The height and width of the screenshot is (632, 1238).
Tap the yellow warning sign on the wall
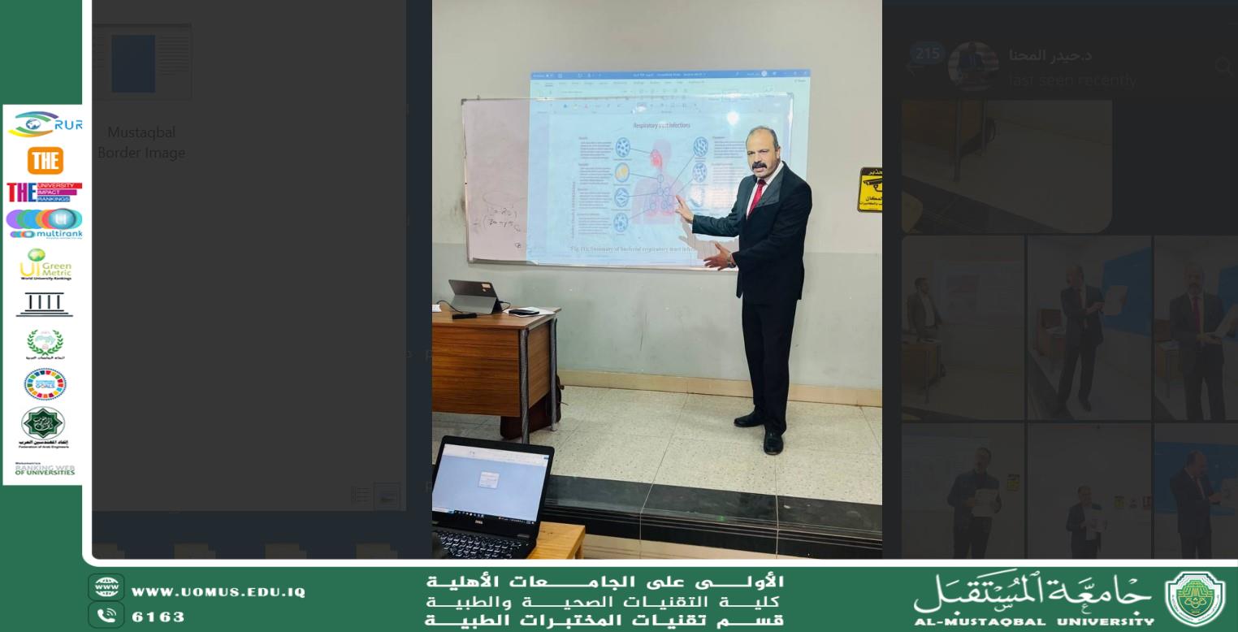pyautogui.click(x=869, y=189)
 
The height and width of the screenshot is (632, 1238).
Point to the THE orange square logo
pyautogui.click(x=45, y=161)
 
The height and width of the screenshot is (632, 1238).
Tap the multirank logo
pyautogui.click(x=45, y=223)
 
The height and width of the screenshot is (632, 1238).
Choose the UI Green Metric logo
pyautogui.click(x=45, y=265)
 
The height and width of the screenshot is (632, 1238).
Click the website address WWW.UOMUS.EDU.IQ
pyautogui.click(x=219, y=592)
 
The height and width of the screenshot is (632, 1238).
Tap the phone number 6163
pyautogui.click(x=158, y=617)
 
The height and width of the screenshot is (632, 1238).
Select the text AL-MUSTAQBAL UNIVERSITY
pyautogui.click(x=1033, y=622)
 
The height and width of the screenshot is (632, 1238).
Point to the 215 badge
pyautogui.click(x=927, y=54)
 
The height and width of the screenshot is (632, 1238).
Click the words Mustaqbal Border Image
pyautogui.click(x=141, y=142)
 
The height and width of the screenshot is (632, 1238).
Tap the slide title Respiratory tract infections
pyautogui.click(x=662, y=125)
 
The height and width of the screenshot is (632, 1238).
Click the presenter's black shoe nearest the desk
pyautogui.click(x=747, y=419)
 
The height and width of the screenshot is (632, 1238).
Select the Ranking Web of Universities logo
pyautogui.click(x=45, y=470)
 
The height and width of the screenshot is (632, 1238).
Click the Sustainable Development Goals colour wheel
pyautogui.click(x=45, y=384)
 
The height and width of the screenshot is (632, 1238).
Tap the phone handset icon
pyautogui.click(x=106, y=617)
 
